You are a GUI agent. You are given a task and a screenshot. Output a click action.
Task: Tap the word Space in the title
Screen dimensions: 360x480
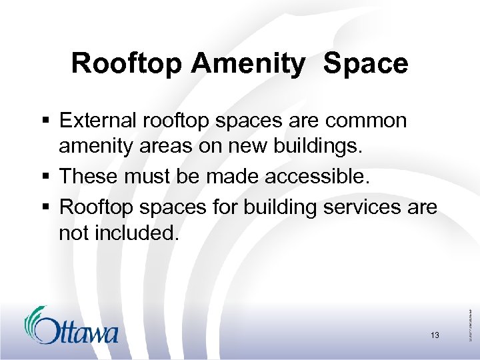click(x=366, y=63)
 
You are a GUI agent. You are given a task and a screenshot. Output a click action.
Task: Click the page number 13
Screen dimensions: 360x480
click(x=435, y=335)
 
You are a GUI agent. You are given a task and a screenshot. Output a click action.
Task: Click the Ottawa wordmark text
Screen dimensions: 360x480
click(x=78, y=331)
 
